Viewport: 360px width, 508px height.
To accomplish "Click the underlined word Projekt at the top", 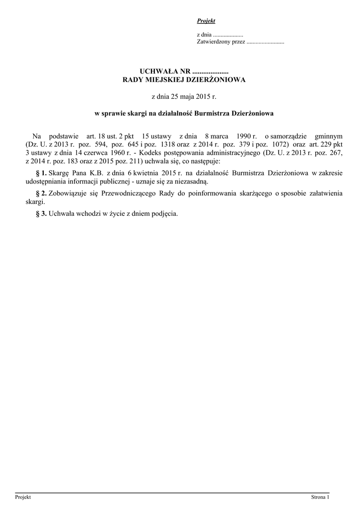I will [206, 21].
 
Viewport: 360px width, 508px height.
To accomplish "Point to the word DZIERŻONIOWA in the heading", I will [218, 79].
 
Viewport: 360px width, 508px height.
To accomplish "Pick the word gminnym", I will [322, 136].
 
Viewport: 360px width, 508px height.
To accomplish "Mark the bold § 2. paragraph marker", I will [41, 193].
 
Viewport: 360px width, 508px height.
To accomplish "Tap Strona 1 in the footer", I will [320, 497].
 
